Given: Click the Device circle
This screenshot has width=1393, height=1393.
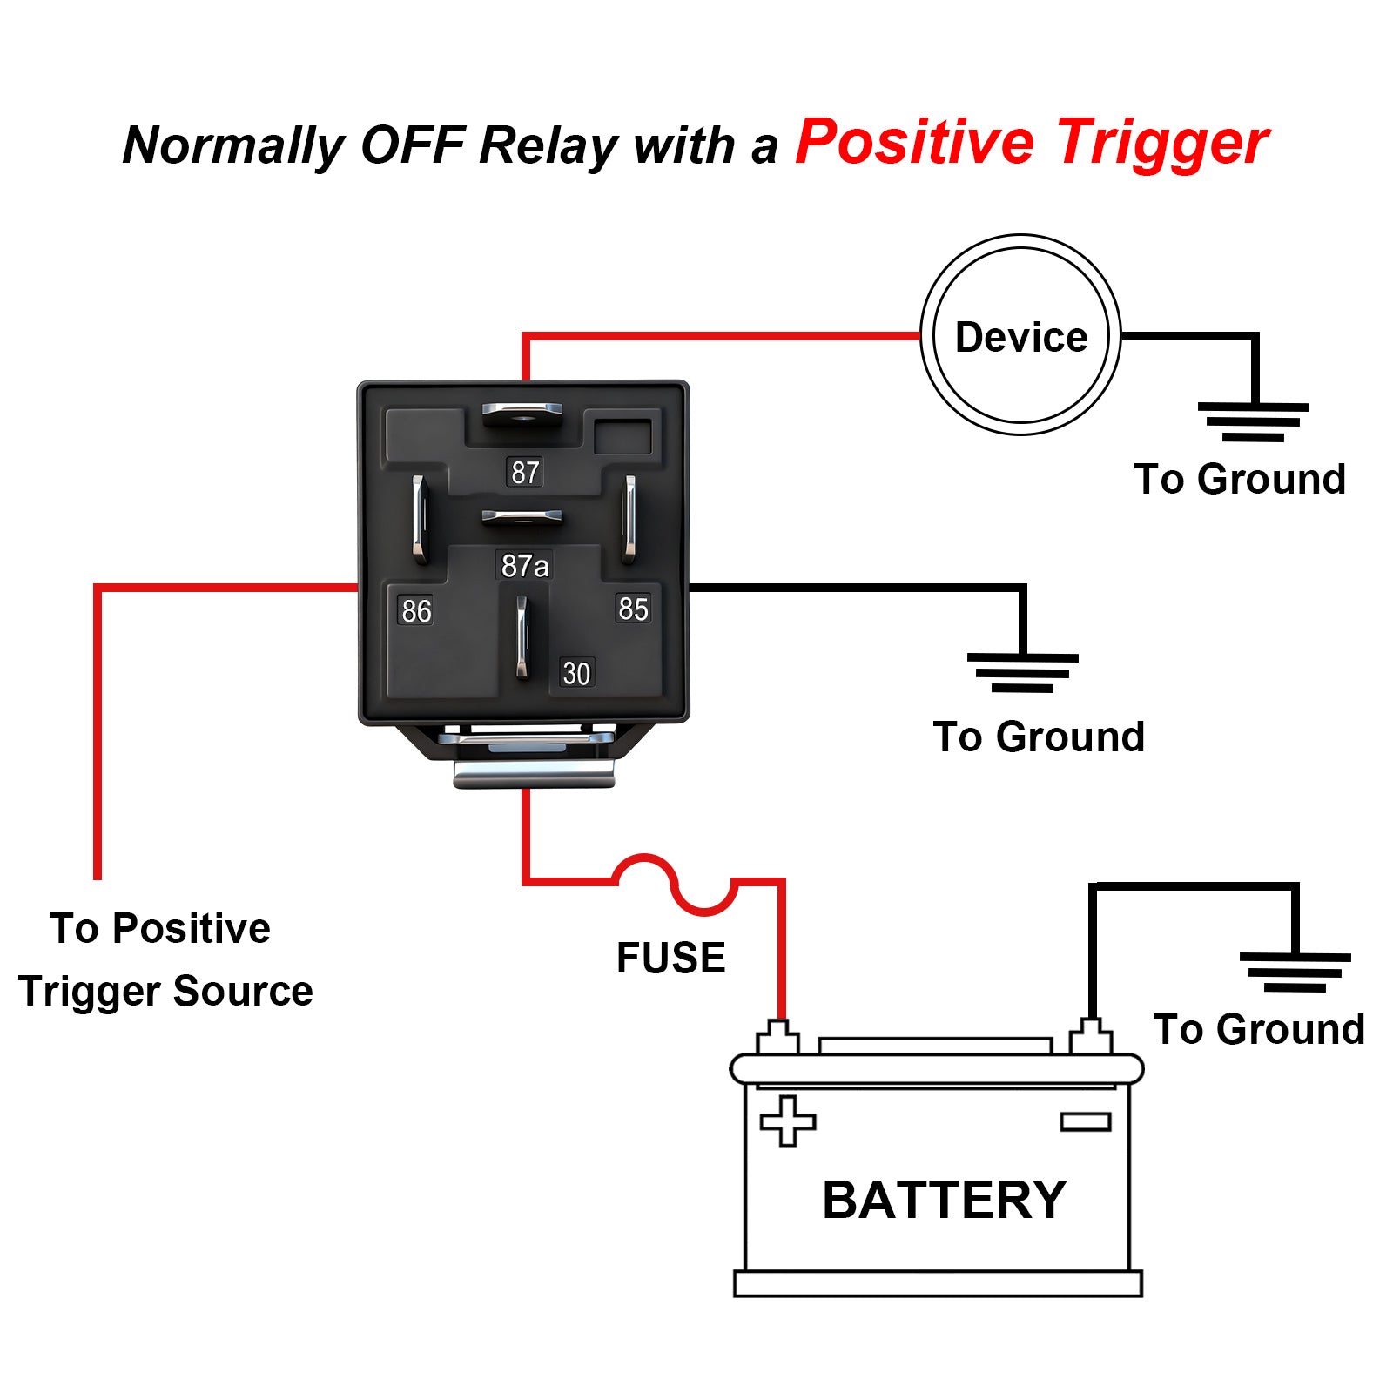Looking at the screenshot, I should (1020, 335).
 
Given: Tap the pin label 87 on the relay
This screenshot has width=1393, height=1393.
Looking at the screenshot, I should (524, 472).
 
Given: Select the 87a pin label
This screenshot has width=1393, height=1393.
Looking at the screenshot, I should (525, 566).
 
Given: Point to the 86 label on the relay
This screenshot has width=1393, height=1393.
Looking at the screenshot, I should (416, 611).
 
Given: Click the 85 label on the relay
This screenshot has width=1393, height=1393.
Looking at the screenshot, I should (633, 609).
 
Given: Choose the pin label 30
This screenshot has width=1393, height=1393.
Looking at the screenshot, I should (576, 673).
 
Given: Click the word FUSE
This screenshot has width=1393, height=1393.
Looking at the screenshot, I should (670, 958).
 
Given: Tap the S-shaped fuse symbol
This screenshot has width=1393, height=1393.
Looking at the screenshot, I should (675, 884).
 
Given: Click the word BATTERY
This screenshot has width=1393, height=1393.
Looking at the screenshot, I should (944, 1200).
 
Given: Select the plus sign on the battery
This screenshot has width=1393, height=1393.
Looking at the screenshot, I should (788, 1120).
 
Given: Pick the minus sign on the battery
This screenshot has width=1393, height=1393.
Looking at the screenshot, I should (1086, 1121).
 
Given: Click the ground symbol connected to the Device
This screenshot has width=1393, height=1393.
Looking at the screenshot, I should (1254, 421).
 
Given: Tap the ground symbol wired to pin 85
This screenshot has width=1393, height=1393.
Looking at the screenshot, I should (1022, 672).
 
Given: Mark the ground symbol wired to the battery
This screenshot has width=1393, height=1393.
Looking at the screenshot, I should (1295, 972).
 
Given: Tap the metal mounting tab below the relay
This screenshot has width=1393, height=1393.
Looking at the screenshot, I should (534, 772).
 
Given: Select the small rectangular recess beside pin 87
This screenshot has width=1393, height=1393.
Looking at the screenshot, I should (622, 436).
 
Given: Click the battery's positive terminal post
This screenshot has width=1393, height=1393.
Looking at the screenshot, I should (777, 1038).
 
